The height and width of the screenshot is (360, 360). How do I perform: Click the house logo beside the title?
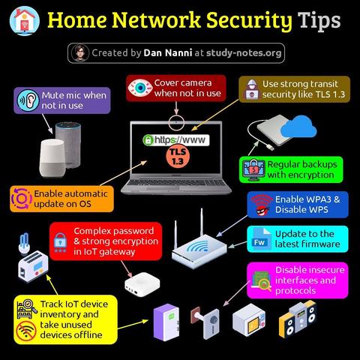[x=25, y=21]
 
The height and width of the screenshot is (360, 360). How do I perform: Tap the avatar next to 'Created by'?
[x=80, y=53]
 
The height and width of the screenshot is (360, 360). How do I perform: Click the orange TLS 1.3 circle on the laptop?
[x=178, y=156]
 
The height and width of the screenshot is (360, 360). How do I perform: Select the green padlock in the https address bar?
[x=148, y=139]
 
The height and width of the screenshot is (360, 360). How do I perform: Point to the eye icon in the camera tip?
[x=140, y=88]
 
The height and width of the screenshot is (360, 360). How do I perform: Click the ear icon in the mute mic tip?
[x=28, y=100]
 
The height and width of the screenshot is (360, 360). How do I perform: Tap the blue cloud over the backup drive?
[x=298, y=127]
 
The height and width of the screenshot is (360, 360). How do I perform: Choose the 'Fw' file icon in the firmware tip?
[x=262, y=239]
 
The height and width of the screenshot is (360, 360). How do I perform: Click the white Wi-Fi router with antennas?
[x=199, y=242]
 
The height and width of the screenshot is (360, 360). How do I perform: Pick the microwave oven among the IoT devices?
[x=249, y=320]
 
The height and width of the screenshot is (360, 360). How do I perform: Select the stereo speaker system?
[x=298, y=319]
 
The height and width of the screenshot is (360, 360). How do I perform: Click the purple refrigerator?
[x=166, y=322]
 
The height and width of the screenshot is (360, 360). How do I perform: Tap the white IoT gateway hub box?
[x=142, y=285]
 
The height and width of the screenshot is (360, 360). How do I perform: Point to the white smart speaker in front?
[x=52, y=158]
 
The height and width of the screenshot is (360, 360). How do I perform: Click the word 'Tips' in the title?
[x=319, y=20]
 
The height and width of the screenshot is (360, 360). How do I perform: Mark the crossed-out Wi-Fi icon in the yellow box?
[x=26, y=331]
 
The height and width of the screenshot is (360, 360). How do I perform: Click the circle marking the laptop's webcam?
[x=176, y=122]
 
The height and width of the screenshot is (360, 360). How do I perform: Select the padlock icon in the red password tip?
[x=60, y=242]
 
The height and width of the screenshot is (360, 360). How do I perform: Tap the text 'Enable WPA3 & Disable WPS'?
[x=307, y=205]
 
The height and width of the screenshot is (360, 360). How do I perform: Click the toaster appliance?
[x=33, y=266]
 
